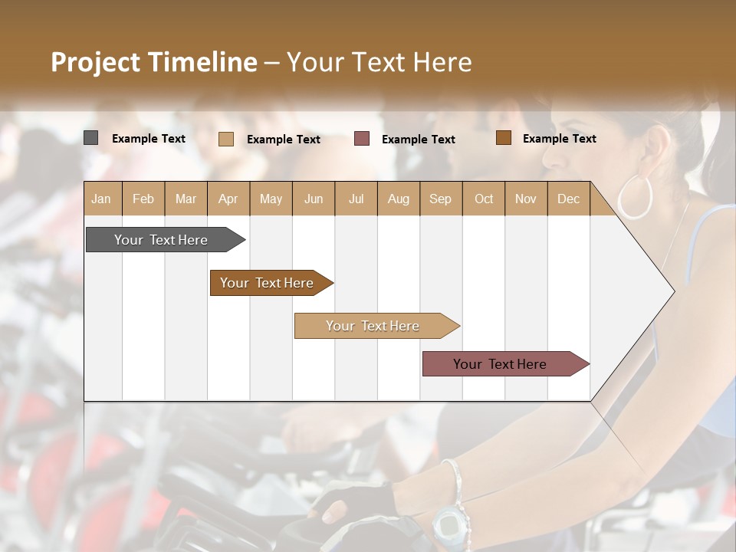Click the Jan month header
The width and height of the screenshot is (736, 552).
(x=102, y=199)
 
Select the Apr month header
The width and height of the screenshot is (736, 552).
(x=228, y=199)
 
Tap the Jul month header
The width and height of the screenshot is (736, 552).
(x=356, y=199)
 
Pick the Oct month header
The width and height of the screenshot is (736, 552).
(x=484, y=199)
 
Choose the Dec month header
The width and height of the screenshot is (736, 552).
(x=569, y=199)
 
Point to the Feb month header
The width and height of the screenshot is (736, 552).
(x=143, y=199)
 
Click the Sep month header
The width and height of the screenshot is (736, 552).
(x=441, y=199)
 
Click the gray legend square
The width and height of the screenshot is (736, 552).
(x=91, y=138)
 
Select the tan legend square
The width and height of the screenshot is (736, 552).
(x=226, y=139)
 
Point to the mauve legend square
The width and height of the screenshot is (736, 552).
(x=362, y=139)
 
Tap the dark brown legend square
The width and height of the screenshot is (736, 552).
(x=504, y=138)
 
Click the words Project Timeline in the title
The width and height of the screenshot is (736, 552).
(x=153, y=62)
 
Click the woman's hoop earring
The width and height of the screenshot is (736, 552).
(x=635, y=197)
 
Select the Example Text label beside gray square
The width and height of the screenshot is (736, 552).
(x=149, y=139)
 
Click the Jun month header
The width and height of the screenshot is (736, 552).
(x=314, y=199)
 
